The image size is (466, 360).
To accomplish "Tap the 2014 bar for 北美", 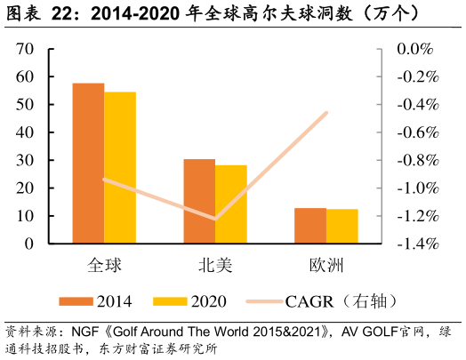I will tap(199, 201).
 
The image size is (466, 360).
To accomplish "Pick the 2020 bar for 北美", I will tap(231, 204).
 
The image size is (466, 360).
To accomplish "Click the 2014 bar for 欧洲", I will tap(310, 225).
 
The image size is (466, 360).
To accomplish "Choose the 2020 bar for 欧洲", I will tap(341, 226).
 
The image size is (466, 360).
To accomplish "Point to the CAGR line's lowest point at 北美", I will tap(215, 219).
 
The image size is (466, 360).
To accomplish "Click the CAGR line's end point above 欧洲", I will tap(326, 113).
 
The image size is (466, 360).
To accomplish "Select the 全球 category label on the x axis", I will tap(104, 265).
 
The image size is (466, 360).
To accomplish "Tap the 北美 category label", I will tap(215, 265).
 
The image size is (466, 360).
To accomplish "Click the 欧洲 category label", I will tap(325, 265).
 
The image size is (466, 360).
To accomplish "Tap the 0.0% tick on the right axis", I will tap(414, 50).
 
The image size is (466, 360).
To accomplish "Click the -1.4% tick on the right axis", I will tap(414, 244).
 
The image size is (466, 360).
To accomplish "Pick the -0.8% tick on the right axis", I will tap(414, 161).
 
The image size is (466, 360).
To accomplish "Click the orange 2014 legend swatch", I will tap(76, 301).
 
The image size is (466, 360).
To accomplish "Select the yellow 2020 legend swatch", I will tap(171, 301).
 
